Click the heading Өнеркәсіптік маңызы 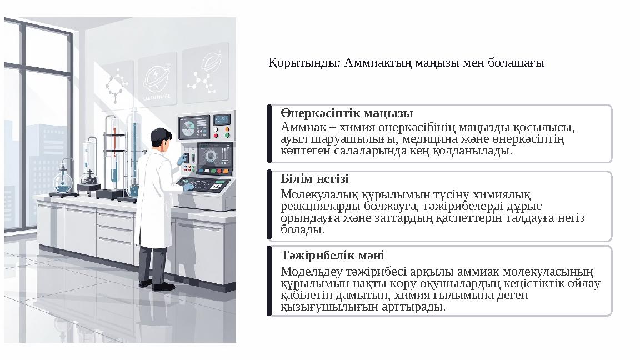pos(346,114)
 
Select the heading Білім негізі pos(314,179)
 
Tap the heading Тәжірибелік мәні pos(332,255)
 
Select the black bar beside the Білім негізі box pos(269,206)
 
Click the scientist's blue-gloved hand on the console pos(188,187)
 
